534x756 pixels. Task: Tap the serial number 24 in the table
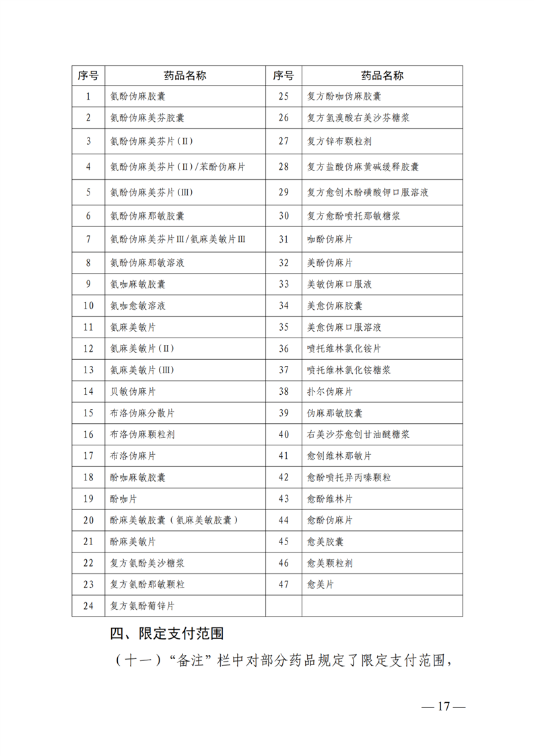pyautogui.click(x=88, y=605)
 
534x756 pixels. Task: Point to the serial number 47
pyautogui.click(x=283, y=584)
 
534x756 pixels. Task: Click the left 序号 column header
pyautogui.click(x=88, y=75)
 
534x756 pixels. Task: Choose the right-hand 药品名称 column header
pyautogui.click(x=382, y=75)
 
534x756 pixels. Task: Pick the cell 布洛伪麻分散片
pyautogui.click(x=142, y=413)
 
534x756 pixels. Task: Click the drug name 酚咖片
pyautogui.click(x=124, y=499)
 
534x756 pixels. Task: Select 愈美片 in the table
pyautogui.click(x=321, y=584)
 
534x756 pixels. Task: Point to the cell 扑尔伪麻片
pyautogui.click(x=330, y=391)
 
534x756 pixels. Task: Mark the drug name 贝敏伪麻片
pyautogui.click(x=133, y=391)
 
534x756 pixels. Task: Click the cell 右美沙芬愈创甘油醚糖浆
pyautogui.click(x=358, y=435)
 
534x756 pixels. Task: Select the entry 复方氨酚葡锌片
pyautogui.click(x=142, y=605)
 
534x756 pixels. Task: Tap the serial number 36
pyautogui.click(x=283, y=348)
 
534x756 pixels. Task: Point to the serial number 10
pyautogui.click(x=88, y=305)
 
